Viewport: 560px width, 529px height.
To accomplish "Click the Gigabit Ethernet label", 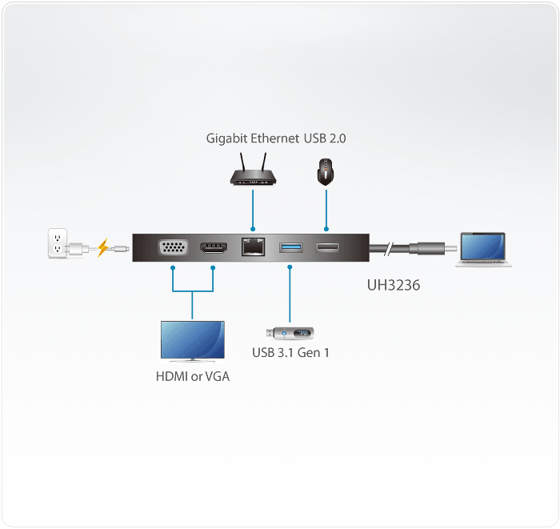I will tap(251, 138).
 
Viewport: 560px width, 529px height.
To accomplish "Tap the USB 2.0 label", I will tap(325, 138).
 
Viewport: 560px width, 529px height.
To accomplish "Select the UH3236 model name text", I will tap(394, 284).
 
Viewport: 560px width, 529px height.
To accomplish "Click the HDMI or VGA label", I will tap(192, 376).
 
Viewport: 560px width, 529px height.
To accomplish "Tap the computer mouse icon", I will tap(326, 171).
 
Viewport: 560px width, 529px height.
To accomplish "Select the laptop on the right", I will tap(482, 249).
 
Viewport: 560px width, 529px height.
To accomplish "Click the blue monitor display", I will tap(192, 339).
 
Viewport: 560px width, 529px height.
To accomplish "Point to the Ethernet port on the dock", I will tap(253, 248).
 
